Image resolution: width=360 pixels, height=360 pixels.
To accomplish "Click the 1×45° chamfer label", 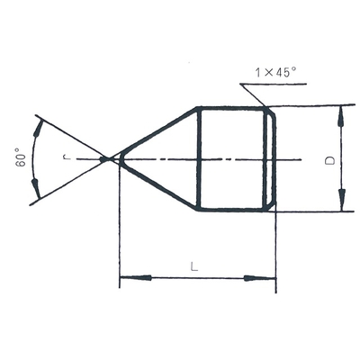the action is pyautogui.click(x=275, y=72).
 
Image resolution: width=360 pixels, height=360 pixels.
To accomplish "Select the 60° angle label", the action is pyautogui.click(x=21, y=157).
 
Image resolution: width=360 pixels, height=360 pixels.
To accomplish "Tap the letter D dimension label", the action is pyautogui.click(x=330, y=160).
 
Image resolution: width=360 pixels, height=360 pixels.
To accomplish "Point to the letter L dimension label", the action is pyautogui.click(x=194, y=266).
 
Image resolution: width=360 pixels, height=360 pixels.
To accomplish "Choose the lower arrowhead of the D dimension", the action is pyautogui.click(x=342, y=201).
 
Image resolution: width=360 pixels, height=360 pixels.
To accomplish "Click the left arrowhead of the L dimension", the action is pyautogui.click(x=136, y=278).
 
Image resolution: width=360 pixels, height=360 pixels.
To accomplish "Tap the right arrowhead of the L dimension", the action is pyautogui.click(x=259, y=278).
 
